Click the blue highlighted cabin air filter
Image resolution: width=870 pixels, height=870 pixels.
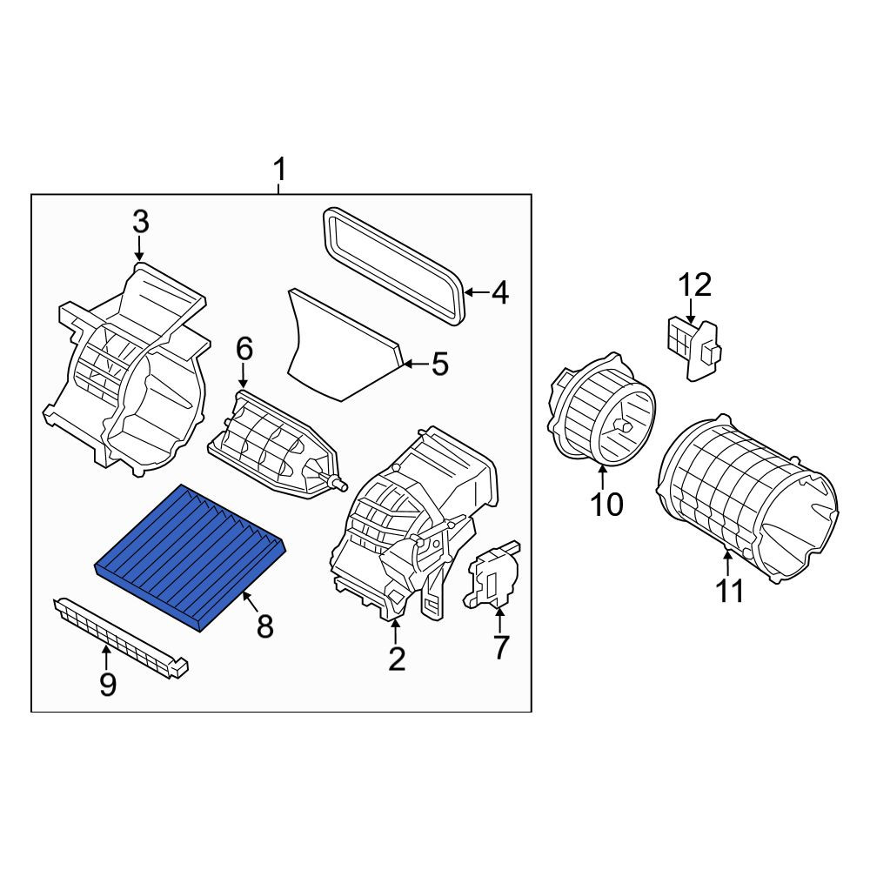point(191,558)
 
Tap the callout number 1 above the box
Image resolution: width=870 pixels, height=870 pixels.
point(279,170)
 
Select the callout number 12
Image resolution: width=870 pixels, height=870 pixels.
point(695,285)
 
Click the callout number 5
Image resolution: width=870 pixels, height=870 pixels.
point(439,365)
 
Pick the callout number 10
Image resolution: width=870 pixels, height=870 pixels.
point(606,505)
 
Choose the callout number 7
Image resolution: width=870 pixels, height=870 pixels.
point(500,647)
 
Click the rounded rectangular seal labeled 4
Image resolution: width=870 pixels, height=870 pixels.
point(393,266)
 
